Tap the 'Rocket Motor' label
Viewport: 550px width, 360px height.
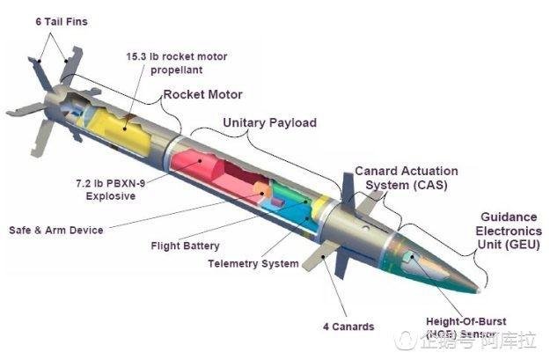tap(202, 94)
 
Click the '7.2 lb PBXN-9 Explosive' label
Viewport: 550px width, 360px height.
tap(105, 191)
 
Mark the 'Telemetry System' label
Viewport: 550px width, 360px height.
tap(253, 263)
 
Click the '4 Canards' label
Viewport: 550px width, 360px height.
tap(348, 327)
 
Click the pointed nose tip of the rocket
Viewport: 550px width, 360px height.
tap(480, 288)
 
